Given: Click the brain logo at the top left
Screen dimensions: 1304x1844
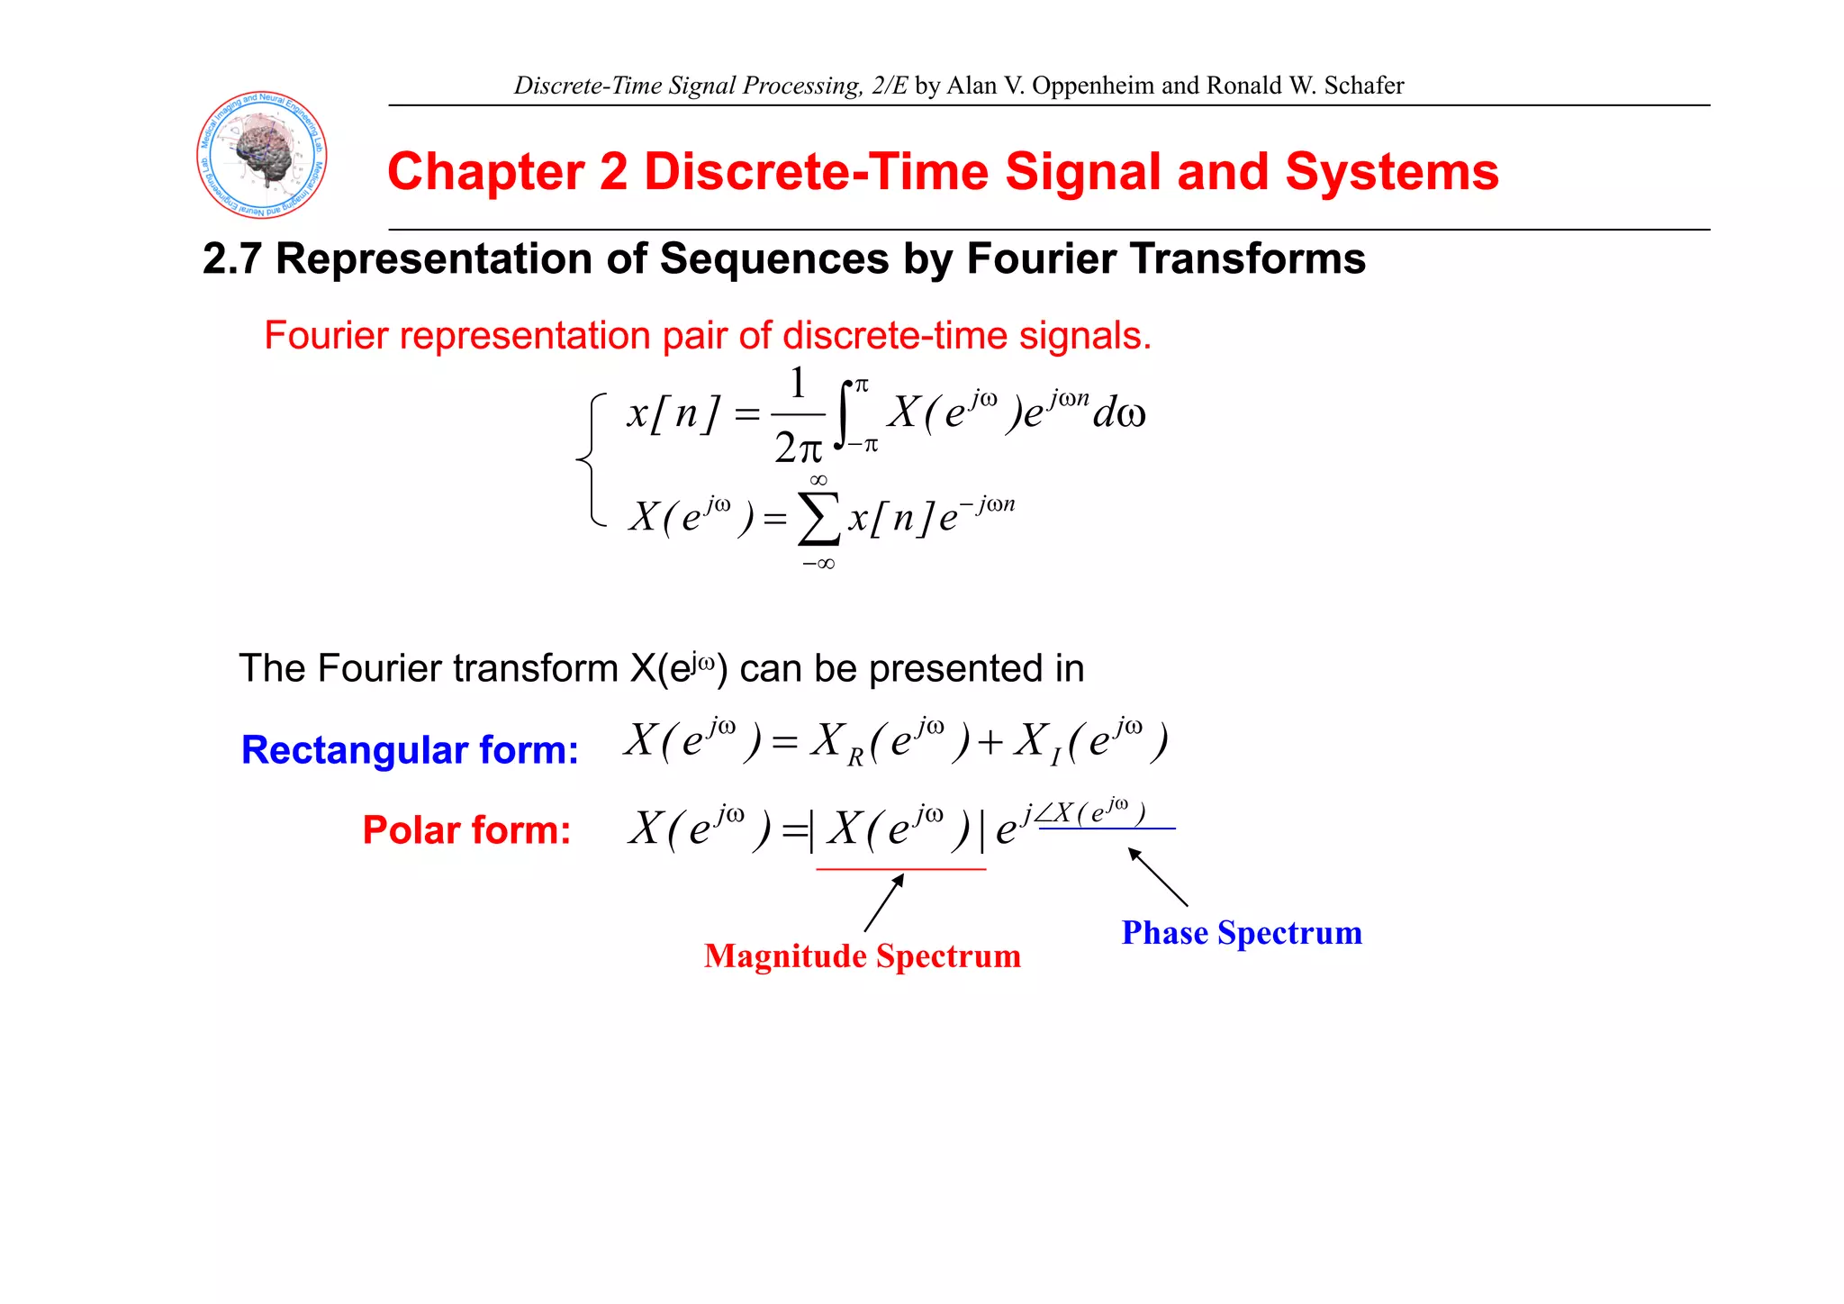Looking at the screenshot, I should (x=262, y=155).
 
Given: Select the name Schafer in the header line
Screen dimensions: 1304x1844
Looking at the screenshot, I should (x=1363, y=86).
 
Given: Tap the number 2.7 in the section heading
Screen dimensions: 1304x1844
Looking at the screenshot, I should (x=231, y=259).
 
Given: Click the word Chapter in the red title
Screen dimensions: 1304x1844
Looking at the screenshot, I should (x=484, y=171).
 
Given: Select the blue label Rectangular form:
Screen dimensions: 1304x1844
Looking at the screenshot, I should (x=410, y=750).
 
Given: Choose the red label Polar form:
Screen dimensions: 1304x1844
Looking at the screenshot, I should (x=466, y=830).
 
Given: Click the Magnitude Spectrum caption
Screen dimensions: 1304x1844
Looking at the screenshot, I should (x=863, y=955).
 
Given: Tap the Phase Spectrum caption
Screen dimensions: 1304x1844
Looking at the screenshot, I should (x=1242, y=933).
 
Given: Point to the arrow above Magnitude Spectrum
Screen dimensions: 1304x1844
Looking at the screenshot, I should (x=884, y=902).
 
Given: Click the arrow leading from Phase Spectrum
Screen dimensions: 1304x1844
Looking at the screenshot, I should (x=1158, y=876).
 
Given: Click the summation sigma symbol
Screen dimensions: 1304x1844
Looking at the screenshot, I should (x=818, y=521).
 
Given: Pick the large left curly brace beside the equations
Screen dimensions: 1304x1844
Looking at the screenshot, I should (x=590, y=460).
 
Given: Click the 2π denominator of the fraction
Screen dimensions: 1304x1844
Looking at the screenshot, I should (x=798, y=448).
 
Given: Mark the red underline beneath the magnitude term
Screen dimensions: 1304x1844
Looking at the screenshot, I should (x=900, y=869).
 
